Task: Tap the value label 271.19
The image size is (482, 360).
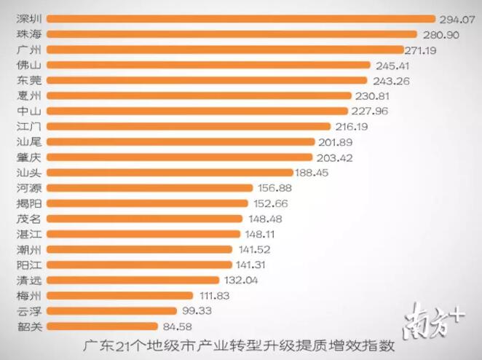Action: [x=424, y=49]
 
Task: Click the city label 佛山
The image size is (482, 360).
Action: [x=30, y=64]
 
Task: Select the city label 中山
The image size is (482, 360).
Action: [x=30, y=111]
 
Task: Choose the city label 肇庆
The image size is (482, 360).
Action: [x=30, y=157]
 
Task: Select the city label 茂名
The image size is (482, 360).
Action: [x=30, y=219]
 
